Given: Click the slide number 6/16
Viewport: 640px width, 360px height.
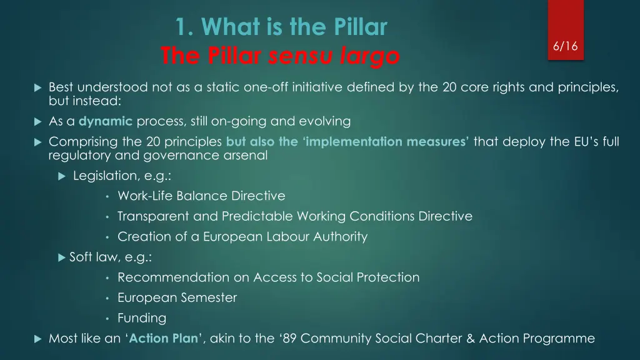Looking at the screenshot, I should coord(565,46).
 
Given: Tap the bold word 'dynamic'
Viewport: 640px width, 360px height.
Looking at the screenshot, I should coord(106,121).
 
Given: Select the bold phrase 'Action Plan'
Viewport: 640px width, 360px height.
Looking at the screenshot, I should coord(165,339).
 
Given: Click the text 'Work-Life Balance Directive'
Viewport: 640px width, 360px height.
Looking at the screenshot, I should coord(201,196).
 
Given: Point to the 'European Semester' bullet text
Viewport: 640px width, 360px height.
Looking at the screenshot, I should coord(177,298).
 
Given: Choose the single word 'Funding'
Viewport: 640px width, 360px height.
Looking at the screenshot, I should coord(142,318).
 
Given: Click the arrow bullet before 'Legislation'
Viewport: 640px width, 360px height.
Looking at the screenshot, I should coord(61,176).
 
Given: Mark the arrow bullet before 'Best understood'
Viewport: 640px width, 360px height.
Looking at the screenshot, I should coord(37,87).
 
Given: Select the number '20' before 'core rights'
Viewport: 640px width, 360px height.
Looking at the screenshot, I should coord(450,87).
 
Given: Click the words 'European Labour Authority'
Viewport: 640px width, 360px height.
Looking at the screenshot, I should coord(285,237).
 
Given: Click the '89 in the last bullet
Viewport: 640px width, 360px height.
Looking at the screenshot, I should coord(289,339).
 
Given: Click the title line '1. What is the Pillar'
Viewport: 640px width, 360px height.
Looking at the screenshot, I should coord(281,27).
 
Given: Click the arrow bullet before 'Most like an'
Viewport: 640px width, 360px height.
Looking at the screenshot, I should coord(37,339).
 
